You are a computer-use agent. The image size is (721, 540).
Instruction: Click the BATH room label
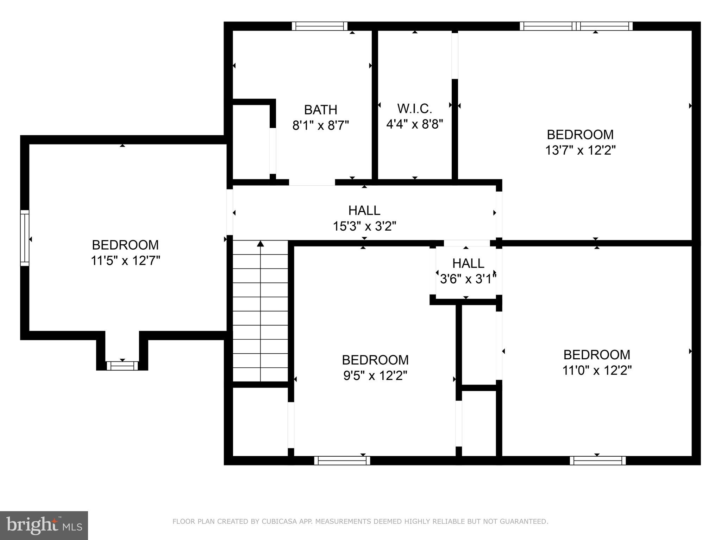tap(320, 110)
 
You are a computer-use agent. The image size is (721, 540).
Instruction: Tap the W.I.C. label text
tap(414, 109)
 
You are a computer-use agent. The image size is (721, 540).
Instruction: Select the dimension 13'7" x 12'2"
tap(580, 150)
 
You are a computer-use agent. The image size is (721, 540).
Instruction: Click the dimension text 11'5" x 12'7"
tap(125, 261)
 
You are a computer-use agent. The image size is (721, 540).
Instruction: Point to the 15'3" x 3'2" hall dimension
tap(364, 226)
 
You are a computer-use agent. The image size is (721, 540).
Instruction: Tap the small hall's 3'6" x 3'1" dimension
tap(468, 279)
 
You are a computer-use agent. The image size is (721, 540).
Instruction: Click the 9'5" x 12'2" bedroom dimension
tap(375, 376)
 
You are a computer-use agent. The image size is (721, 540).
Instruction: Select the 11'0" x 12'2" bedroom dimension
tap(597, 370)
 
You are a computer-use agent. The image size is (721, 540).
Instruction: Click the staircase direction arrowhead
tap(260, 244)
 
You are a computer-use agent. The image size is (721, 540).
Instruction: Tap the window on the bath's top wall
tap(320, 26)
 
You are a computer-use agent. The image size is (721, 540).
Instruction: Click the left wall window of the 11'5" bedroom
tap(24, 238)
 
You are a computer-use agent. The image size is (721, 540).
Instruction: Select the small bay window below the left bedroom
tap(122, 366)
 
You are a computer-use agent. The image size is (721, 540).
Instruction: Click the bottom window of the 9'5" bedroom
tap(342, 461)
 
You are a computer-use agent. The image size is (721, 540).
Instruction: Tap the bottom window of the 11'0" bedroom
tap(597, 461)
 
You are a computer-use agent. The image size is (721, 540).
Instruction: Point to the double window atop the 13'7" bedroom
tap(576, 26)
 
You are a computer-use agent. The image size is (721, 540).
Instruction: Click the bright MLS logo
tap(44, 525)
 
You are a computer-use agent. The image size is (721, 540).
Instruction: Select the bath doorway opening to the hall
tap(312, 182)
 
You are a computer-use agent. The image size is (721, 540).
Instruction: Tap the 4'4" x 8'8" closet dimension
tap(414, 124)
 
